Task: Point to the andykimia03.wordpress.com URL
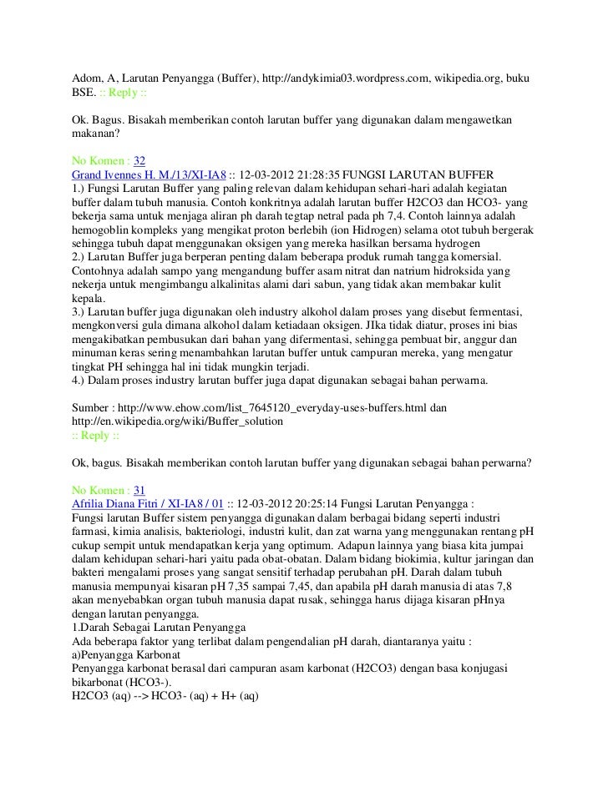[x=343, y=78]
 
